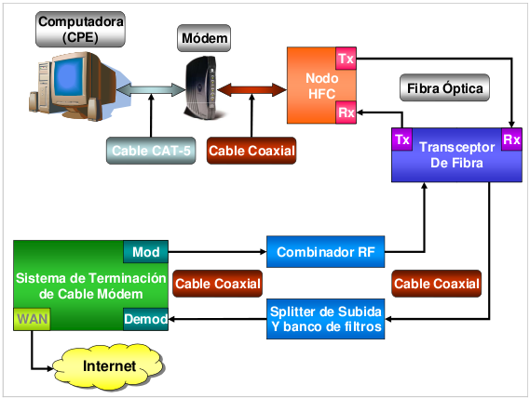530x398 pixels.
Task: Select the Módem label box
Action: click(x=204, y=38)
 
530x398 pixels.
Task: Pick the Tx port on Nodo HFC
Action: click(x=346, y=59)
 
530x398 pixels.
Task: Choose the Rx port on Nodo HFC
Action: click(x=346, y=113)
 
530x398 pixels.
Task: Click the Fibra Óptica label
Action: click(x=443, y=89)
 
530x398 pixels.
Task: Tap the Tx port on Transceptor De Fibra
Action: click(x=402, y=139)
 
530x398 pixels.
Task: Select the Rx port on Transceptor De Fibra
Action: click(x=511, y=139)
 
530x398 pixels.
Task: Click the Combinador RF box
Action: click(x=326, y=251)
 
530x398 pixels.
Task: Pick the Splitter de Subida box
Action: click(x=326, y=319)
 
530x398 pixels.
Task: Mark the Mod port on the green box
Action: click(x=145, y=251)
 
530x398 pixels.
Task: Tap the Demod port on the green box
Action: click(x=145, y=320)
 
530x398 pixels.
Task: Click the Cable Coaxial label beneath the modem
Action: click(x=251, y=150)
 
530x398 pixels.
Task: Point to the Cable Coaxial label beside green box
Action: click(x=217, y=284)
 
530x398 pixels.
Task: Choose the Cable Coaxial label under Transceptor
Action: click(x=437, y=284)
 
